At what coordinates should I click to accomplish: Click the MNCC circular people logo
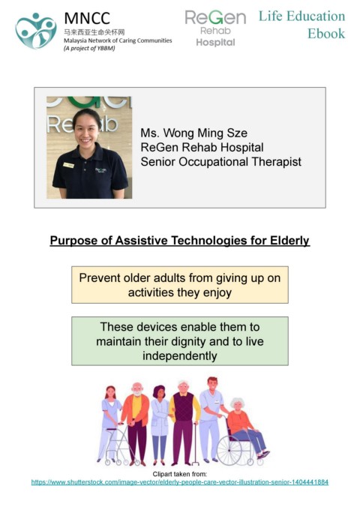coord(36,31)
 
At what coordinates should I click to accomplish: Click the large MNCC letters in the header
coord(87,19)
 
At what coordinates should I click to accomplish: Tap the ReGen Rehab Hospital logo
coord(215,28)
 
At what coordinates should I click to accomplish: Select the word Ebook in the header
coord(326,34)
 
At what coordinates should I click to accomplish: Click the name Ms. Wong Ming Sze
coord(194,133)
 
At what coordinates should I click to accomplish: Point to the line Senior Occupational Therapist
coord(220,162)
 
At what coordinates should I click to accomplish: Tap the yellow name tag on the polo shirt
coord(68,165)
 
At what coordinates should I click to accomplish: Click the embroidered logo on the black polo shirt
coord(101,170)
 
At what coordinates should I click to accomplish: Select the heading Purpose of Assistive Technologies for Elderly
coord(180,240)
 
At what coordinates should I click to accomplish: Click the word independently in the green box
coord(180,356)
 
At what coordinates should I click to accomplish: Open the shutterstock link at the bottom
coord(180,482)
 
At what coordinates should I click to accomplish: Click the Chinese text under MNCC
coord(94,32)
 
